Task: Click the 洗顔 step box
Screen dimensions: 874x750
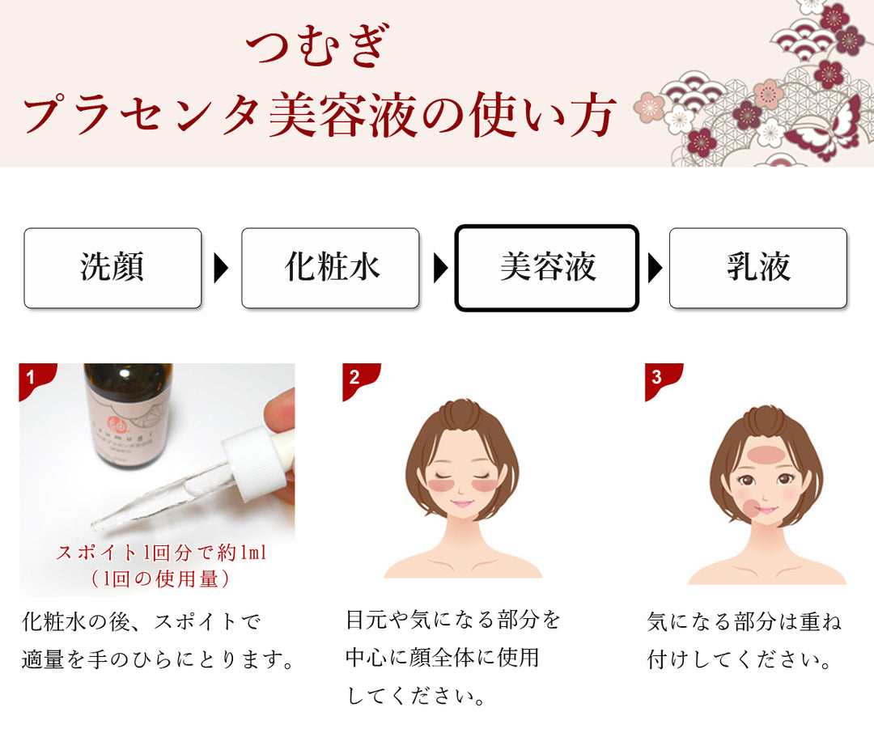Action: click(x=112, y=268)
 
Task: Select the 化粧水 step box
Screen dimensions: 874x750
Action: click(x=330, y=268)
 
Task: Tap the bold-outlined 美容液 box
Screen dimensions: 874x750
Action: click(x=547, y=268)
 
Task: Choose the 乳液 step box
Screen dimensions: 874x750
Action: click(x=758, y=268)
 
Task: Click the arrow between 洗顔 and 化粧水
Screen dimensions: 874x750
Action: click(x=221, y=268)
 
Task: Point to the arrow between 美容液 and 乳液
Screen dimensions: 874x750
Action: click(x=655, y=268)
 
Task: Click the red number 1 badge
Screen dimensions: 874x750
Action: click(x=36, y=380)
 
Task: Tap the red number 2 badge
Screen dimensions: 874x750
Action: click(x=360, y=380)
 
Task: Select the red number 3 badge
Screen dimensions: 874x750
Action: click(x=663, y=380)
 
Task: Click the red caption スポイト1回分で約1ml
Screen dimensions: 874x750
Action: click(x=160, y=553)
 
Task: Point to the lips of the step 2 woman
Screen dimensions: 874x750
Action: click(x=461, y=504)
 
